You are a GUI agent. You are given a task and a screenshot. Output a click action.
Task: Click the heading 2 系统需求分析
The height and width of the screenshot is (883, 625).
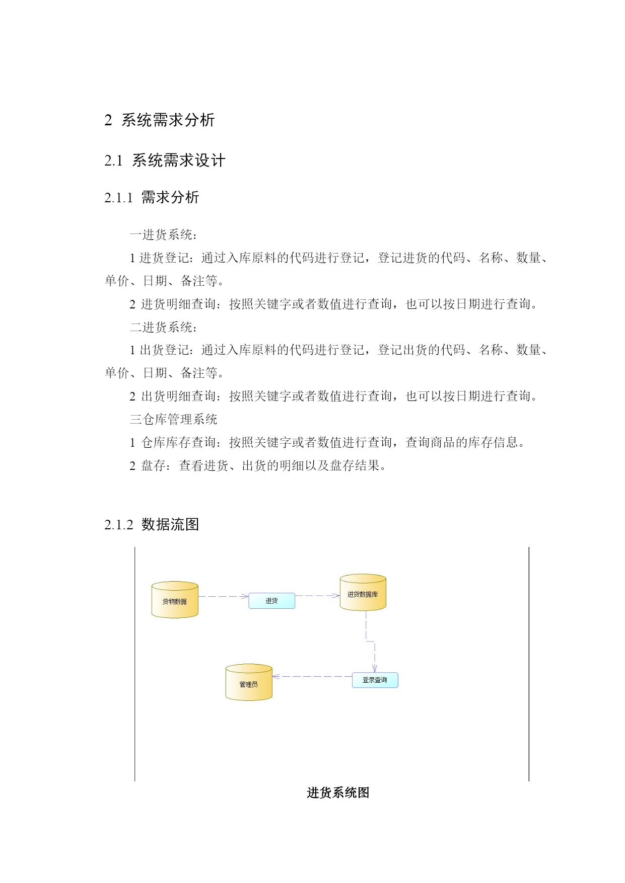[160, 120]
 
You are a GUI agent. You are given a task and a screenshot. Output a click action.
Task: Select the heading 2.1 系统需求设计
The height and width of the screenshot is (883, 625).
[165, 160]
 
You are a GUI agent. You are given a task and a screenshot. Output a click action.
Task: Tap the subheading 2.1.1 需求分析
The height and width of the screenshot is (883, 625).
[152, 197]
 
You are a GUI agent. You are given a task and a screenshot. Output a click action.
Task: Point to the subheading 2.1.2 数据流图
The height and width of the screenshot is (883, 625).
[152, 524]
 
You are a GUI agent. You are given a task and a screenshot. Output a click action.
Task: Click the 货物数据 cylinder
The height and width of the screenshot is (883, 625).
[175, 600]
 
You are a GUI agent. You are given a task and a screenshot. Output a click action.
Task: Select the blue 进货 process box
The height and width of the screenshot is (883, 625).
[271, 601]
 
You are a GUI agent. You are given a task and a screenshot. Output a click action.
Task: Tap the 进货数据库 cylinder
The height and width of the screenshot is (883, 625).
[363, 593]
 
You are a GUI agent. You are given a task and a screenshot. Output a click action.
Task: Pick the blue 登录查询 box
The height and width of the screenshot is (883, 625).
[375, 680]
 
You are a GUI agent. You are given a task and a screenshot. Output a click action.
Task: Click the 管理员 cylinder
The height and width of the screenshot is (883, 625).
[249, 683]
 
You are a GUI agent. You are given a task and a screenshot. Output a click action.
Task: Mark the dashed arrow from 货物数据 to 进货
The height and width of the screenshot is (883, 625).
[224, 596]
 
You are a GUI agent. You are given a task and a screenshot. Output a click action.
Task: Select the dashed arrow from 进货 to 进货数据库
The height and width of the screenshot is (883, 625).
[317, 596]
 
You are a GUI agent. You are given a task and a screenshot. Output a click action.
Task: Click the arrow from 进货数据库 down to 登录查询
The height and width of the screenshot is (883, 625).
[370, 641]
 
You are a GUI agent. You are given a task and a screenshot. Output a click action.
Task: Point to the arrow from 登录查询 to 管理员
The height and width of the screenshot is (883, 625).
[312, 677]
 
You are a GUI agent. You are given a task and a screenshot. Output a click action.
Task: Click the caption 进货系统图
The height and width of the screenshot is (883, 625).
[338, 793]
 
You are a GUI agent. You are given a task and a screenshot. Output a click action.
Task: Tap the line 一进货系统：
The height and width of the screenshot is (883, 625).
[164, 234]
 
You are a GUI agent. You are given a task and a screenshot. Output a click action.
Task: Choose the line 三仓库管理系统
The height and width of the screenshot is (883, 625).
[174, 419]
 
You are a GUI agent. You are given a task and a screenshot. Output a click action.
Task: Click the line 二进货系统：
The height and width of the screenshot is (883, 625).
[164, 327]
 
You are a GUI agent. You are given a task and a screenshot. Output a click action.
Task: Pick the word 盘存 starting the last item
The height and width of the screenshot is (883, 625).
[154, 465]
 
